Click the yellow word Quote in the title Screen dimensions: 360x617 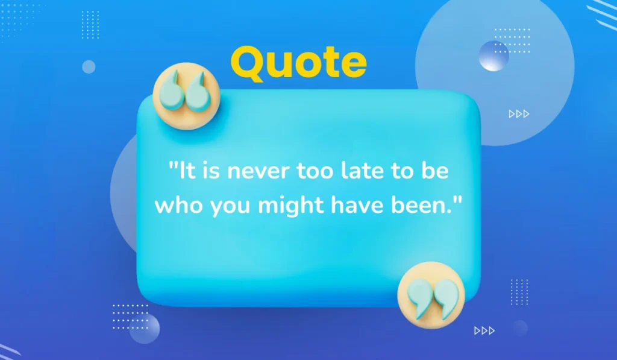[299, 63]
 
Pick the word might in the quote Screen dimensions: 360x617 [292, 206]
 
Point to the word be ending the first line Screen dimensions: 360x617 [436, 172]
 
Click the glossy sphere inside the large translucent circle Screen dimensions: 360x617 [493, 56]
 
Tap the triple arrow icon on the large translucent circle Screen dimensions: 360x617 [519, 114]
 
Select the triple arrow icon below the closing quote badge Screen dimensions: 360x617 [484, 330]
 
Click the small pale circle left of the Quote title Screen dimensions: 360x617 [89, 67]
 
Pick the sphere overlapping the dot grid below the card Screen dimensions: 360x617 [145, 328]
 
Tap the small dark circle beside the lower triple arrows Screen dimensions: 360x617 [519, 328]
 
